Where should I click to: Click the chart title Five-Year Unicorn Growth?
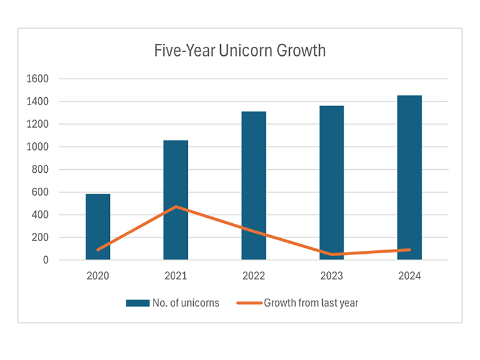coord(239,50)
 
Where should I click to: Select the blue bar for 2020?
coord(98,227)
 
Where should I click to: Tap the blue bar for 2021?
coord(176,200)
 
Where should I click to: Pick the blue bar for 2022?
coord(254,185)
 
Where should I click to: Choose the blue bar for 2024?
coord(410,178)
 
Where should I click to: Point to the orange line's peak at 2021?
coord(176,206)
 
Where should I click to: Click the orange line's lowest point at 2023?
coord(332,254)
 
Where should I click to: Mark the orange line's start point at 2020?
coord(98,250)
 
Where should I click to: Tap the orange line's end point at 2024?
coord(410,250)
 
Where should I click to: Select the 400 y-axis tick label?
coord(40,215)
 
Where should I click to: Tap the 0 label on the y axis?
coord(46,260)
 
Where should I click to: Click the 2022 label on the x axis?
coord(254,277)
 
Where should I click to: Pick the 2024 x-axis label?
coord(410,277)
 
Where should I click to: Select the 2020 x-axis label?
coord(98,277)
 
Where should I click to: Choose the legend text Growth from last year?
coord(311,303)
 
